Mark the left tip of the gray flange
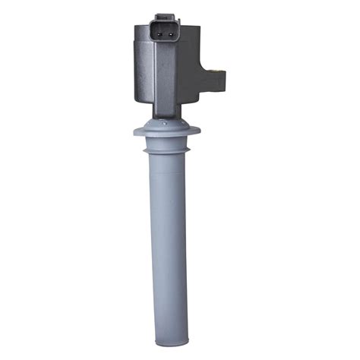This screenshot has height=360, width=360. pos(134,132)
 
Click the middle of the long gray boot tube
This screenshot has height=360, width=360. pos(166,251)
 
